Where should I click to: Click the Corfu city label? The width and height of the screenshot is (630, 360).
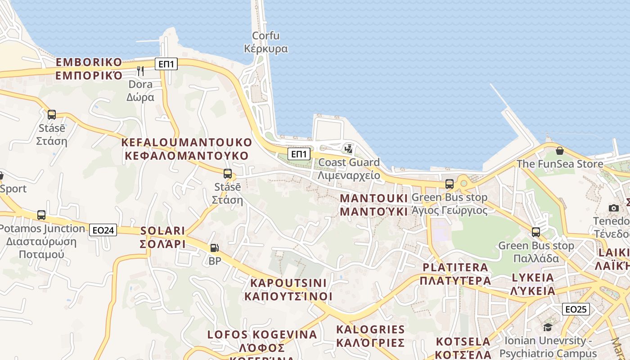tap(265, 42)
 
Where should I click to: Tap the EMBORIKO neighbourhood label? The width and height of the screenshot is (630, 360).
tap(89, 68)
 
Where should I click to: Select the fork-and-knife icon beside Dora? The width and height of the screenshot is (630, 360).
tap(140, 71)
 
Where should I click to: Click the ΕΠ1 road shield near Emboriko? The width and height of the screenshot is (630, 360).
tap(166, 64)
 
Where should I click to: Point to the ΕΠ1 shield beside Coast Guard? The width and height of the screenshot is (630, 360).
tap(299, 154)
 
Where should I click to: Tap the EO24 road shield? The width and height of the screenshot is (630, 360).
tap(103, 230)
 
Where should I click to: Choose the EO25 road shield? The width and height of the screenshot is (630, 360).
tap(576, 309)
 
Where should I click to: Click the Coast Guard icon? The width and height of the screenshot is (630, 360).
tap(348, 148)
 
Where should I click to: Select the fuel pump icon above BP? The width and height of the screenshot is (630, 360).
tap(215, 247)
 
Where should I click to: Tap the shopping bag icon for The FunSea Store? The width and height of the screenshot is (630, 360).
tap(559, 151)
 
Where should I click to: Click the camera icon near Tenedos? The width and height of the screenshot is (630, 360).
tap(613, 208)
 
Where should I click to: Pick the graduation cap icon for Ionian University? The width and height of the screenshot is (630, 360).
tap(548, 327)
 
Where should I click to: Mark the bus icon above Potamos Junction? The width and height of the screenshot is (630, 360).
tap(41, 215)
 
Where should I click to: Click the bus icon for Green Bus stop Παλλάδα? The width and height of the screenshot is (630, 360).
tap(535, 232)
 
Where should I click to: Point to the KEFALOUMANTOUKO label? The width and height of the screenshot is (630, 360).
tap(186, 149)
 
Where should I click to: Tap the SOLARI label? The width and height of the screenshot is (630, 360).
tap(163, 237)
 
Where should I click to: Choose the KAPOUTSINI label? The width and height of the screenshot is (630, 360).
tap(288, 289)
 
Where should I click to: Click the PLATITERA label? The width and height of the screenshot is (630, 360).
tap(455, 274)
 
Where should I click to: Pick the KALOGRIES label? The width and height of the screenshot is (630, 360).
tap(370, 336)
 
